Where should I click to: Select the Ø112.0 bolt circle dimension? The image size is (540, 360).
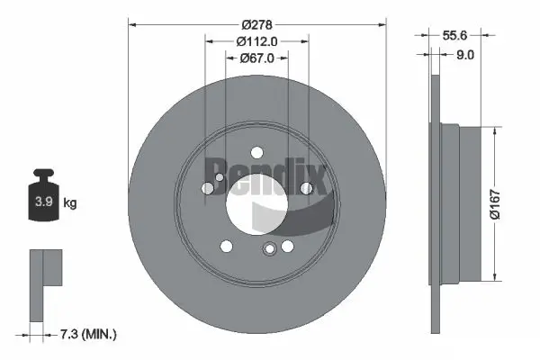256,40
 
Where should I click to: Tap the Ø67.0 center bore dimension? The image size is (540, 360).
256,58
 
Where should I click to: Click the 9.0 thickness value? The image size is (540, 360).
465,54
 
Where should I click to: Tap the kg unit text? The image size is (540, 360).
70,203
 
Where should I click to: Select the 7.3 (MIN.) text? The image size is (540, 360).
87,334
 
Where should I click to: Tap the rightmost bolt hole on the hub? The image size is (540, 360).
306,187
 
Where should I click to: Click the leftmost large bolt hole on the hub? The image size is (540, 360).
209,188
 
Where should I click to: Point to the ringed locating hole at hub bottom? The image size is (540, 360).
268,251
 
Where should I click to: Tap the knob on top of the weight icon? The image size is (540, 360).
42,175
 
